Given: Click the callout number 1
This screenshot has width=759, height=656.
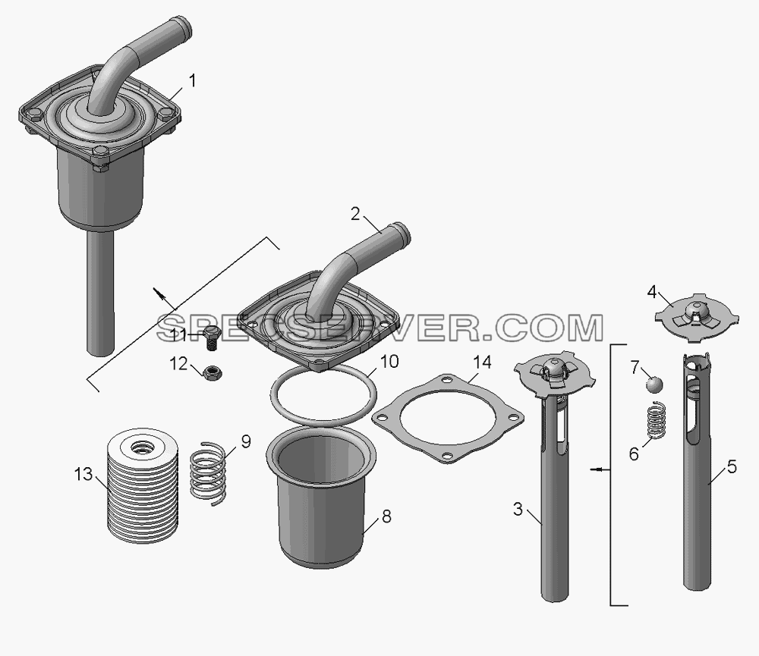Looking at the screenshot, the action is [193, 81].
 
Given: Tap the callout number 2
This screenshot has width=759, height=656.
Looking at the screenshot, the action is [356, 214].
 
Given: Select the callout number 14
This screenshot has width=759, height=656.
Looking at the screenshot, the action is [482, 363].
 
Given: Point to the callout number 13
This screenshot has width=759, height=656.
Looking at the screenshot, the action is [83, 474].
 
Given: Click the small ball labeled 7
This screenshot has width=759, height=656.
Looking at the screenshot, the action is [654, 385].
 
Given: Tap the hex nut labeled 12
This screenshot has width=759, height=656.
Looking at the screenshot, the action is [212, 372].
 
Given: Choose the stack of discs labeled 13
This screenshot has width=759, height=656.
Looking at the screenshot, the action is [142, 486].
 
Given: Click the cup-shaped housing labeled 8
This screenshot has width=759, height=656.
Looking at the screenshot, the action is [321, 498].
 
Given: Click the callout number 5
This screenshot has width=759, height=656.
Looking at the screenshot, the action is [732, 467].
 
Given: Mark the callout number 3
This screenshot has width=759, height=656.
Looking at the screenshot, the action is [518, 509].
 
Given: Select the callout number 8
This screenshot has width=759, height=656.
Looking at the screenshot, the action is [386, 516].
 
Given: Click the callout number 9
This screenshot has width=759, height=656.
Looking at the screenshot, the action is [246, 441].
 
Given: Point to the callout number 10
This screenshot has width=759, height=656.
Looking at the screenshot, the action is [389, 362].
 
